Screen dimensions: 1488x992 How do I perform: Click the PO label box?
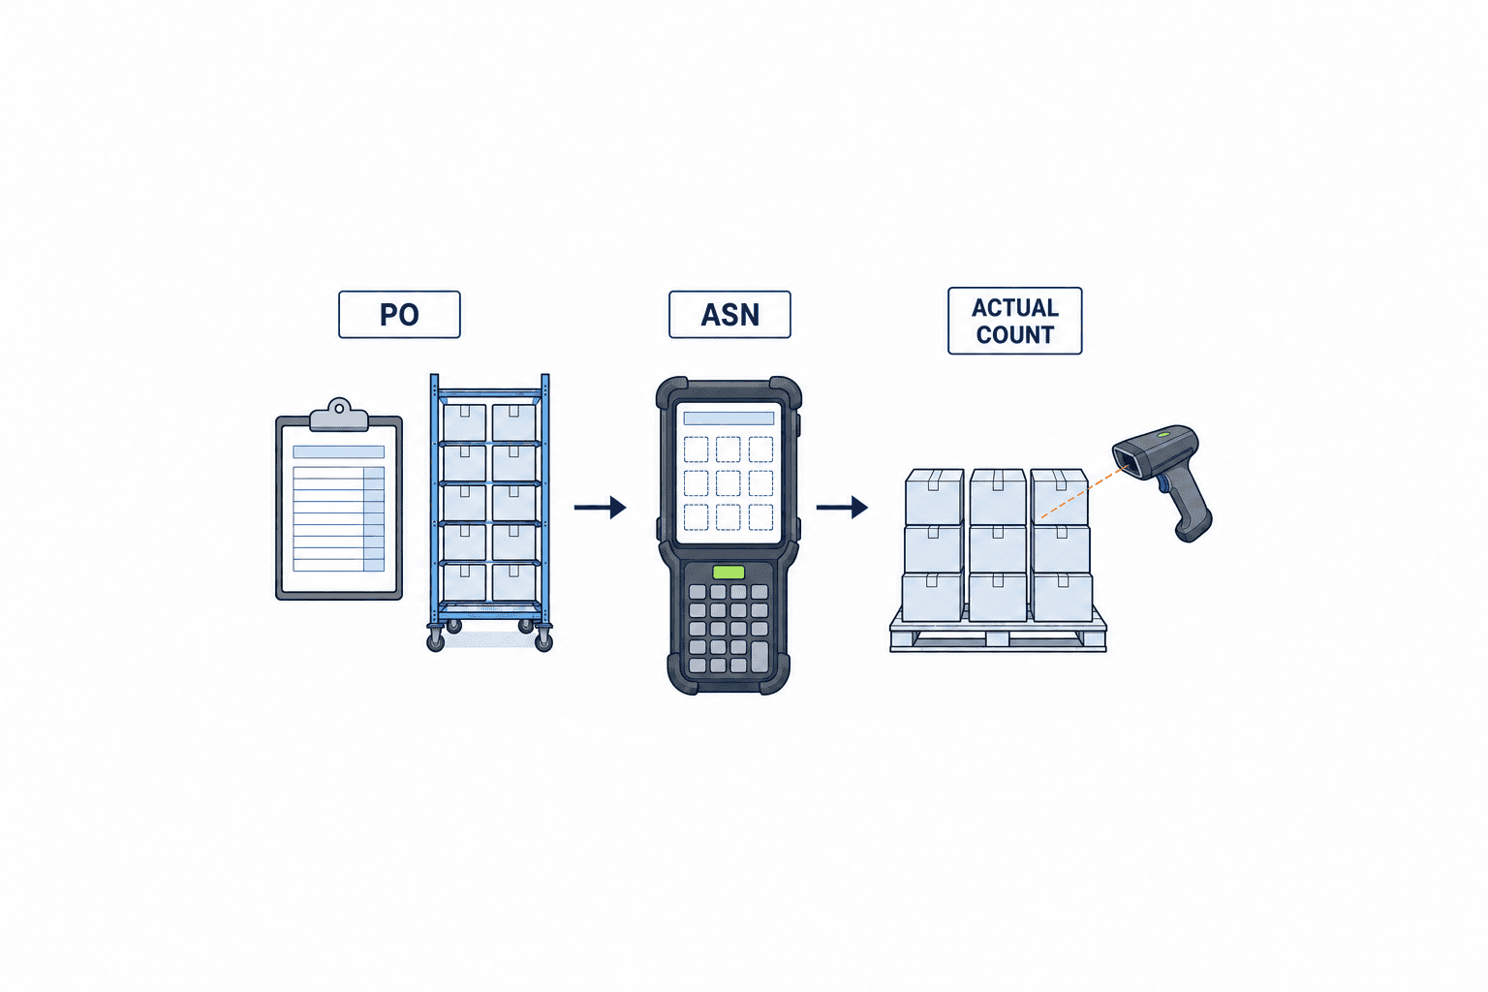[399, 314]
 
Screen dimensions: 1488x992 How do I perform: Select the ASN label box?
[729, 314]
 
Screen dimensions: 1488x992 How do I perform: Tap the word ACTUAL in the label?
[1015, 308]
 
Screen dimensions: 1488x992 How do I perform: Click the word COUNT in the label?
[1015, 335]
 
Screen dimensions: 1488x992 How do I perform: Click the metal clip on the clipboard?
[339, 415]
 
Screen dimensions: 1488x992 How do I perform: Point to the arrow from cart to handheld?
[600, 507]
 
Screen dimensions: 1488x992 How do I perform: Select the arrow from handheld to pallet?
[842, 507]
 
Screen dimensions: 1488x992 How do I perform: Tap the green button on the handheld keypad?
[728, 573]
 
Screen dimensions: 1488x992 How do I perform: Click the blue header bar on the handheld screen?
[728, 418]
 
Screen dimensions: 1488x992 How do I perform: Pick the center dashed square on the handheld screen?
[728, 483]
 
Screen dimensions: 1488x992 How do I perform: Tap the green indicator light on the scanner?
[1163, 434]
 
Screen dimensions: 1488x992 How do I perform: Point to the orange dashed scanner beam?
[1084, 492]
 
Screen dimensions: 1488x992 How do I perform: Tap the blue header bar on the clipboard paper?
[339, 451]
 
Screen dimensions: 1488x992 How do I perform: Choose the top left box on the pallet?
[934, 497]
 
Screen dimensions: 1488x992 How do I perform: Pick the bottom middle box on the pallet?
[997, 596]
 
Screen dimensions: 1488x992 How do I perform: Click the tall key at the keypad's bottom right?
[759, 657]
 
